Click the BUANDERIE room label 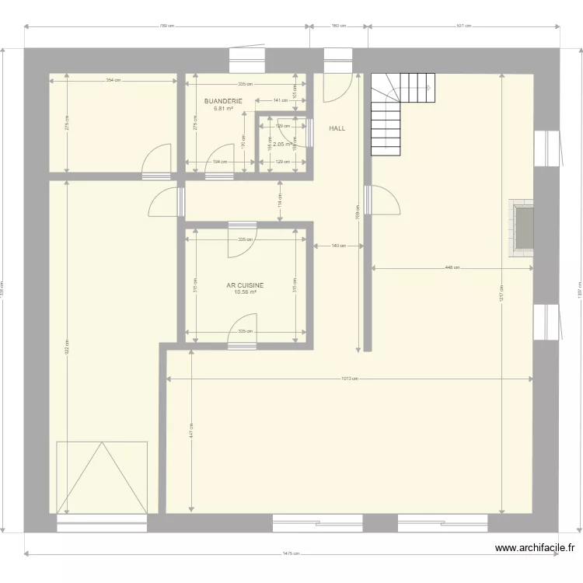coord(224,101)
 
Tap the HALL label coord(337,128)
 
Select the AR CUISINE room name coord(245,285)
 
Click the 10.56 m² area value coord(245,292)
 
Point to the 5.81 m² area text coord(224,109)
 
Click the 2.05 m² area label coord(281,144)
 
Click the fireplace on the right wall coord(522,227)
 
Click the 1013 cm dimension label coord(349,379)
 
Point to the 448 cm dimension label coord(452,268)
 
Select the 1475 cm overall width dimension coord(291,554)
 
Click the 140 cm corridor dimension coord(338,246)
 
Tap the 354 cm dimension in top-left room coord(113,80)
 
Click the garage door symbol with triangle coord(101,477)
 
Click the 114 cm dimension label coord(280,200)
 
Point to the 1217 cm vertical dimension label coord(501,295)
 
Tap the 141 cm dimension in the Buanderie coord(278,100)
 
